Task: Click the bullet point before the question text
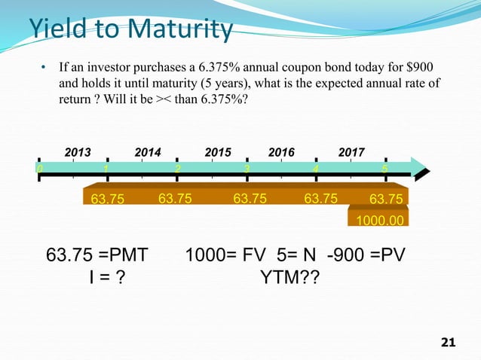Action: [x=44, y=69]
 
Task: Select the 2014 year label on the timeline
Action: [x=148, y=152]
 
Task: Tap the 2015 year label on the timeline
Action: [x=218, y=152]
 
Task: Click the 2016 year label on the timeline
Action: [x=281, y=152]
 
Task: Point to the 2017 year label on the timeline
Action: [x=351, y=152]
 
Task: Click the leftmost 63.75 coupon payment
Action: [x=108, y=200]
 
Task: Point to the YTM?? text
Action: [x=289, y=279]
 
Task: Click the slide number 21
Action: [x=448, y=343]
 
